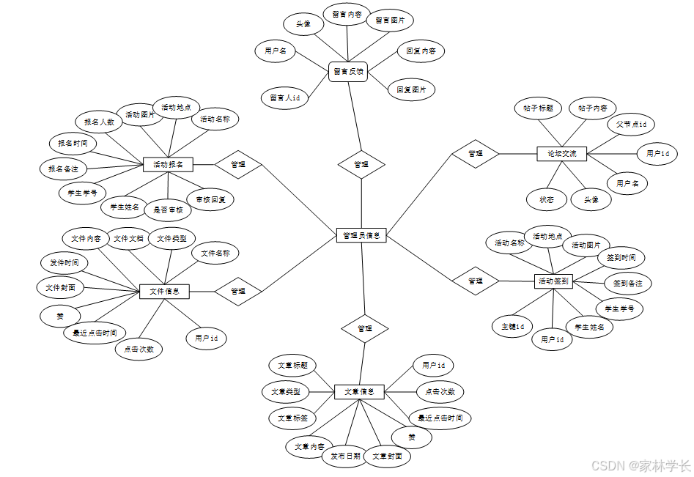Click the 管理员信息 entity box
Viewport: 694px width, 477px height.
pyautogui.click(x=361, y=235)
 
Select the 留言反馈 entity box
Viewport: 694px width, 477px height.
pyautogui.click(x=347, y=72)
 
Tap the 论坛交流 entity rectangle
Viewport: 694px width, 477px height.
pyautogui.click(x=562, y=154)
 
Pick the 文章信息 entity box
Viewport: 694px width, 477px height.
pyautogui.click(x=359, y=392)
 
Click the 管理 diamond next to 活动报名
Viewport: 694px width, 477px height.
pyautogui.click(x=238, y=164)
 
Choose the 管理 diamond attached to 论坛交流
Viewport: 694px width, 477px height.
pyautogui.click(x=476, y=154)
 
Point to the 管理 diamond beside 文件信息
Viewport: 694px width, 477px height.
pyautogui.click(x=238, y=291)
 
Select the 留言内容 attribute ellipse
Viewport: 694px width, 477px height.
pyautogui.click(x=347, y=14)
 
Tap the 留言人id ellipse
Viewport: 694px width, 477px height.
pyautogui.click(x=285, y=97)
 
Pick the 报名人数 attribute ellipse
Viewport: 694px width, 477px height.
pyautogui.click(x=99, y=122)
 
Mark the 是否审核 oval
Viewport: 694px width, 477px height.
pyautogui.click(x=168, y=210)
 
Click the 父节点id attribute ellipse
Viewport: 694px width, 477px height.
pyautogui.click(x=630, y=125)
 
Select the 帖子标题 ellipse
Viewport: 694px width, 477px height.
pyautogui.click(x=538, y=108)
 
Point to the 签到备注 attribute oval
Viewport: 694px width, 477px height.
pyautogui.click(x=627, y=283)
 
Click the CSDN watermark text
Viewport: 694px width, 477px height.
pyautogui.click(x=641, y=465)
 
